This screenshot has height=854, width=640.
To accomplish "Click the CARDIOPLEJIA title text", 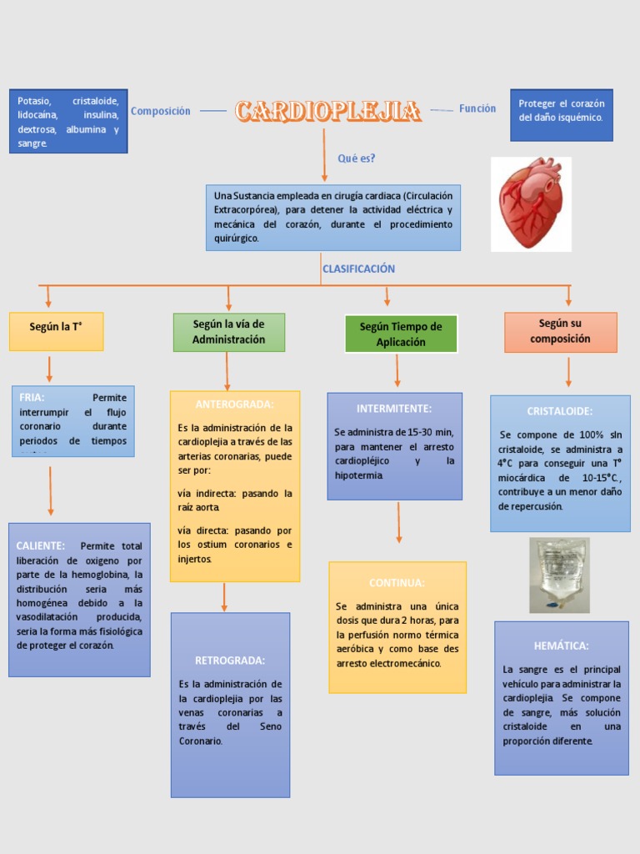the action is pos(327,111).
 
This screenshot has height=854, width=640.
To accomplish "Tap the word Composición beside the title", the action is pos(161,111).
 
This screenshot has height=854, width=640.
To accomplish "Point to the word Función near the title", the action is pos(477,108).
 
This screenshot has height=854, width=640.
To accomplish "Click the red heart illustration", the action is pos(531,203).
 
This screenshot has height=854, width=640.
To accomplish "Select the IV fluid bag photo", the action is pos(559,575).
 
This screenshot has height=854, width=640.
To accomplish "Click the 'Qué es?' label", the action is pos(357,158).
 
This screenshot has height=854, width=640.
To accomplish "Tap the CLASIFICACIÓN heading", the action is pos(358,269).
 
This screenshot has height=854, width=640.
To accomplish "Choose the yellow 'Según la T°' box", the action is pos(56,327).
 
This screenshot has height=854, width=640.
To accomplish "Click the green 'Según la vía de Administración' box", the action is pos(228,332).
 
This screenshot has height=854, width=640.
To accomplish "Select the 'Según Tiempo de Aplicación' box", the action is pos(401,334).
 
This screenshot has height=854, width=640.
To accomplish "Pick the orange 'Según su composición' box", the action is pos(560,331).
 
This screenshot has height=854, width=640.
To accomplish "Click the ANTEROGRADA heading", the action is pos(234,404).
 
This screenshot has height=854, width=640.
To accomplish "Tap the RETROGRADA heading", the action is pos(230,661).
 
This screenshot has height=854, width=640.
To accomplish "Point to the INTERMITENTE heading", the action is pos(394,409).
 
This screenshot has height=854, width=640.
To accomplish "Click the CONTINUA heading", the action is pos(397,583).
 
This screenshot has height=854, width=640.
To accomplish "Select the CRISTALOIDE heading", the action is pos(560,411).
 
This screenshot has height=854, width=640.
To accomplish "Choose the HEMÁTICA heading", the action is pos(561,646).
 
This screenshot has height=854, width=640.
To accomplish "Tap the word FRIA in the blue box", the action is pos(32,398).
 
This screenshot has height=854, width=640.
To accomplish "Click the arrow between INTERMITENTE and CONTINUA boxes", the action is pos(398,523).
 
